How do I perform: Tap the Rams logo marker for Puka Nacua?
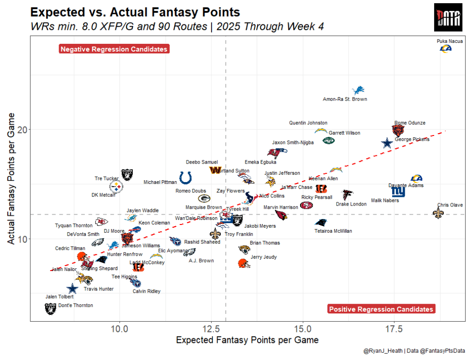[445, 48]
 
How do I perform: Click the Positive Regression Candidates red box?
[381, 309]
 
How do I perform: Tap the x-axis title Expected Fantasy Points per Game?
[248, 341]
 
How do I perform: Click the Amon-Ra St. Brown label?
[345, 99]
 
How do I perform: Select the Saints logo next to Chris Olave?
[439, 213]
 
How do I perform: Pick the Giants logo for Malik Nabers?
[399, 191]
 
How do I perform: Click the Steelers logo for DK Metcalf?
[117, 187]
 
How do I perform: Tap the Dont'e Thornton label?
[76, 305]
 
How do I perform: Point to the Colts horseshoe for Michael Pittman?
[186, 177]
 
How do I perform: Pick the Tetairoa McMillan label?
[333, 231]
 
